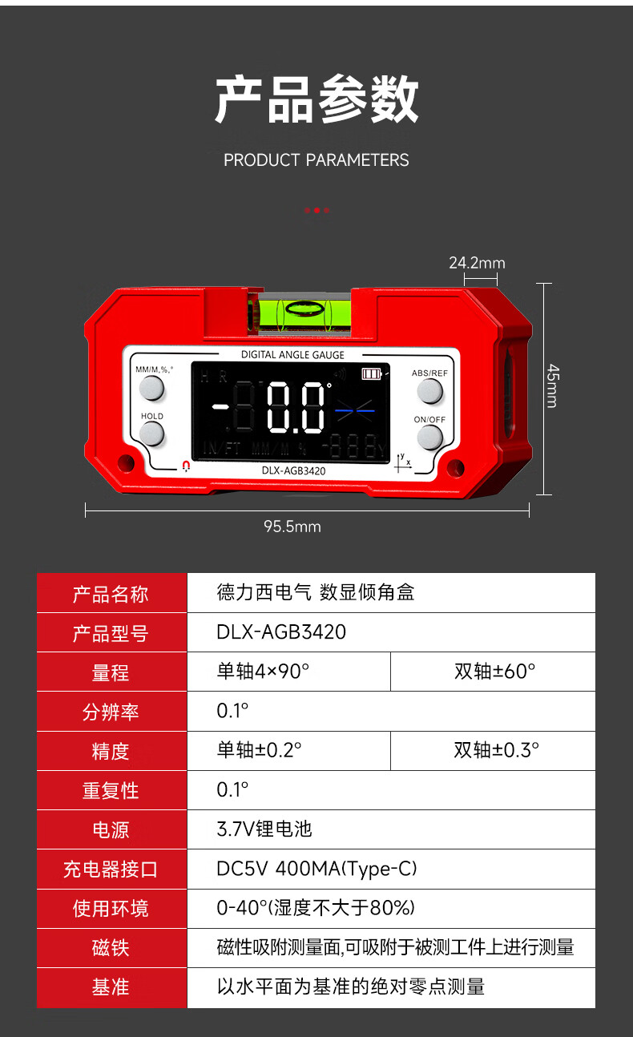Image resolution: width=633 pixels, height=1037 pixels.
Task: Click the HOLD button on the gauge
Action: [151, 434]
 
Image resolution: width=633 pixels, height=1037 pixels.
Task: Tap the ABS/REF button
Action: [429, 391]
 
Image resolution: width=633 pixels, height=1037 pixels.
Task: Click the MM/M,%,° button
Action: [151, 388]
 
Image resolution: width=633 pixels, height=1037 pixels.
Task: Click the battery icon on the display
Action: [372, 373]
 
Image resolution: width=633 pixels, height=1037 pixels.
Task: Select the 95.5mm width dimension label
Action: [292, 527]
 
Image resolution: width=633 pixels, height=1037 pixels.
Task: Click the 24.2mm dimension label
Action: [477, 263]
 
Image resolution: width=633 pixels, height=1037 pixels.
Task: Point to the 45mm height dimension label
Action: [553, 385]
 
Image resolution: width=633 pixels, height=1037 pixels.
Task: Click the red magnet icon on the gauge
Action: [186, 466]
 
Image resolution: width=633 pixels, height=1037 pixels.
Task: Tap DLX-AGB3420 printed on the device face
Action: [294, 470]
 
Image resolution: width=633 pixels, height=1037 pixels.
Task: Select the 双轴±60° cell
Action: [494, 672]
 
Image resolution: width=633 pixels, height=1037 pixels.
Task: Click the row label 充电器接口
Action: [111, 870]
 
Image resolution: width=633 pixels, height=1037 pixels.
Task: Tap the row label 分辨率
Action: [111, 712]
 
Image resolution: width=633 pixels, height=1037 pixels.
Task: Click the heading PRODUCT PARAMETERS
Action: [316, 160]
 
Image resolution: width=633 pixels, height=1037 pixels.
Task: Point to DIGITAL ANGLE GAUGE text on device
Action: [293, 355]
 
